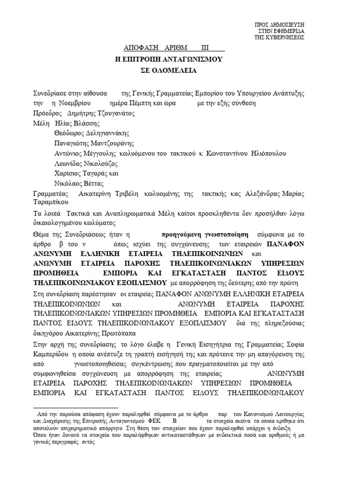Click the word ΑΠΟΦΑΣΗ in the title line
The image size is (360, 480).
click(140, 48)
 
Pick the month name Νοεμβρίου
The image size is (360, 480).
click(76, 103)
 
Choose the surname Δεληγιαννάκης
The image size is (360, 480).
click(104, 134)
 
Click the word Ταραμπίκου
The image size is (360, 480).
click(51, 202)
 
